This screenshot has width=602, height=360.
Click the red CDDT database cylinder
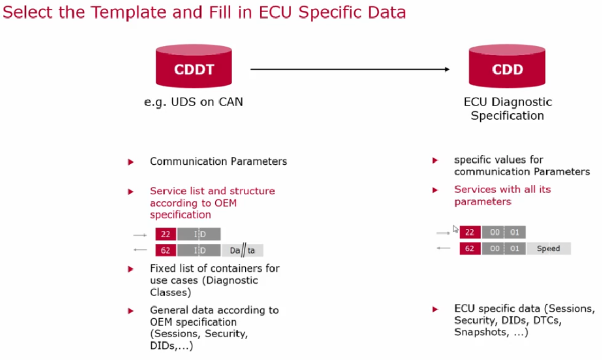click(194, 67)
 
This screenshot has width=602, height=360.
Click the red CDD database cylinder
click(507, 67)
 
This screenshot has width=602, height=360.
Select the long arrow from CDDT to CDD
click(350, 69)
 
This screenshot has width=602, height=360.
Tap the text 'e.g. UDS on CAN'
click(193, 102)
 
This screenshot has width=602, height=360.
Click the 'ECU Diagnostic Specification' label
click(507, 109)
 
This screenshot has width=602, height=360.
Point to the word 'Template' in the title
click(110, 12)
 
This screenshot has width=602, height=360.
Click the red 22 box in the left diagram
click(166, 235)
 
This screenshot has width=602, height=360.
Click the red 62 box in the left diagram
click(166, 250)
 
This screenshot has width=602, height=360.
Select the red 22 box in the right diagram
click(470, 232)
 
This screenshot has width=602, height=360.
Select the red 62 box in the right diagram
click(470, 248)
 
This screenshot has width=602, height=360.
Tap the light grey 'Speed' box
click(548, 248)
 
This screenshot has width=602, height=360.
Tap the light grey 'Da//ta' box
click(243, 250)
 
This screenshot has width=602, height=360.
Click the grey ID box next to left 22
click(199, 235)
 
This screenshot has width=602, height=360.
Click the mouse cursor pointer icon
click(455, 229)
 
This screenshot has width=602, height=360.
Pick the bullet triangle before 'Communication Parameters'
click(131, 162)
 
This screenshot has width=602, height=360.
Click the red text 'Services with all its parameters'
click(502, 195)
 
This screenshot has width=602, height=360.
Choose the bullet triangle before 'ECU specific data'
click(435, 309)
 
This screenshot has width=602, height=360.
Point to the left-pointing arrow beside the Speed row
click(443, 248)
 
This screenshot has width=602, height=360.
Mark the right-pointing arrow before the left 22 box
click(139, 235)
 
